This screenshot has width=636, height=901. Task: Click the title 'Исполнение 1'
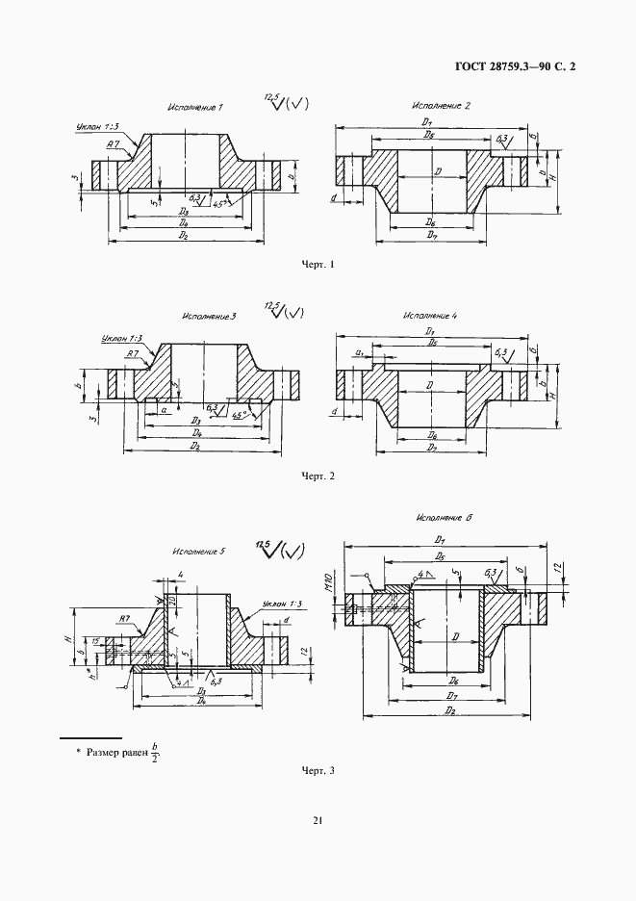[x=194, y=108]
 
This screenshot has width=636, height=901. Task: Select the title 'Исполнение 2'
[x=441, y=105]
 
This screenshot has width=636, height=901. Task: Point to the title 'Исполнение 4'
[x=430, y=315]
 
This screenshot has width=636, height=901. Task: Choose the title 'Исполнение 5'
[x=198, y=552]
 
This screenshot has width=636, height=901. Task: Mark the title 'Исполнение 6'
[x=444, y=517]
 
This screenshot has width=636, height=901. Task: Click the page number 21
[x=318, y=820]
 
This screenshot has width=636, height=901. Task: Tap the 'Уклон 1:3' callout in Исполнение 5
[x=282, y=604]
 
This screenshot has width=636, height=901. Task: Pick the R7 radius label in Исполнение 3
[x=132, y=354]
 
